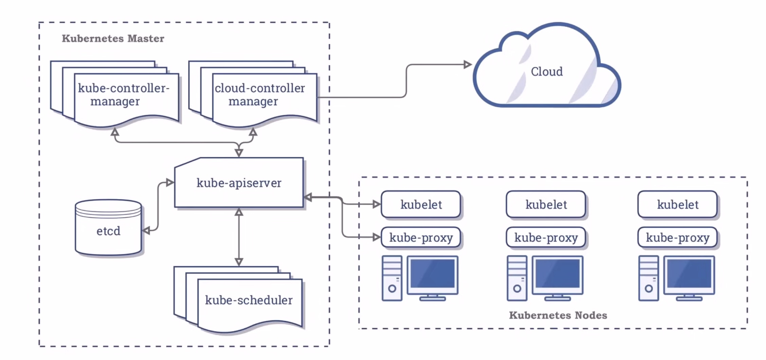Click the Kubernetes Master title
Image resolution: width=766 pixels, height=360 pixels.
click(113, 38)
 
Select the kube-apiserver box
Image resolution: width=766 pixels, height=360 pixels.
click(239, 183)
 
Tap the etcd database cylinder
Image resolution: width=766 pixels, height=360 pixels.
click(108, 231)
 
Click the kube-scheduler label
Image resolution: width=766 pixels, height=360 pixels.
click(249, 300)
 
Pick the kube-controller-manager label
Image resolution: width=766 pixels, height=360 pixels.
click(123, 94)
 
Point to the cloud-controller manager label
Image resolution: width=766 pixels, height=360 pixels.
click(260, 94)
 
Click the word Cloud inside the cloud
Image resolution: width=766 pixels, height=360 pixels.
click(547, 72)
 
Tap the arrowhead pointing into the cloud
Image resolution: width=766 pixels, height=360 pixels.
click(468, 64)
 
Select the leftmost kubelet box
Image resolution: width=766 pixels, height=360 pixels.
click(421, 204)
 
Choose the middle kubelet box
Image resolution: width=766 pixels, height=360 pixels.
click(546, 204)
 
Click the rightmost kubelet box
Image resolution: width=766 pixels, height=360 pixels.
click(678, 204)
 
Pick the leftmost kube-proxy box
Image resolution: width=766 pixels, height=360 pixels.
click(421, 237)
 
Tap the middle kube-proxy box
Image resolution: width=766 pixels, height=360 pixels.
click(546, 237)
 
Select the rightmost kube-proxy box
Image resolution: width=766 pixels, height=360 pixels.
click(678, 237)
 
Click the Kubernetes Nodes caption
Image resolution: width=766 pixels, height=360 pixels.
click(558, 315)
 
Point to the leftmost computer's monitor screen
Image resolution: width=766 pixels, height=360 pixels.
click(432, 274)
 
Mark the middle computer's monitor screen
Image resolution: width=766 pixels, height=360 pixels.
click(558, 274)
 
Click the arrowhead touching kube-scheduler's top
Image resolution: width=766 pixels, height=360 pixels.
click(239, 262)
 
